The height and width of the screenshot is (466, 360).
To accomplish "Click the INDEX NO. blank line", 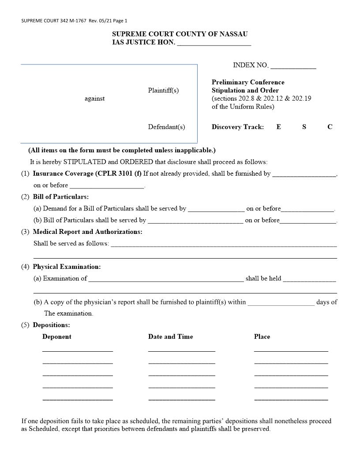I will pyautogui.click(x=293, y=68).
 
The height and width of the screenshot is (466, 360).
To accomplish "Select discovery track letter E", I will pyautogui.click(x=279, y=127).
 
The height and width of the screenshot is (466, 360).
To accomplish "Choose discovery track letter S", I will pyautogui.click(x=304, y=127).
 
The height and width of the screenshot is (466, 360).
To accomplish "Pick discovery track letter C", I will pyautogui.click(x=330, y=127).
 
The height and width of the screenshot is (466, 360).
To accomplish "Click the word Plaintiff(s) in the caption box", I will pyautogui.click(x=163, y=90).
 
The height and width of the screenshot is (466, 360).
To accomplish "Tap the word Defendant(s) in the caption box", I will pyautogui.click(x=166, y=127).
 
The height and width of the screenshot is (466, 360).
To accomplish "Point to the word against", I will pyautogui.click(x=94, y=98).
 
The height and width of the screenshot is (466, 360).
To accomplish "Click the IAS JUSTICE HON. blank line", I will pyautogui.click(x=214, y=45).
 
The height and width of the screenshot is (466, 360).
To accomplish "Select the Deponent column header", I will pyautogui.click(x=57, y=337).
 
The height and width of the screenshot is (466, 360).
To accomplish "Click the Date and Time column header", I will pyautogui.click(x=170, y=337).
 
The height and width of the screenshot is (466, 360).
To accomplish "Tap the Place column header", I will pyautogui.click(x=262, y=337).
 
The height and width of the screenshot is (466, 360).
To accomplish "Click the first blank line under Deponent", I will pyautogui.click(x=78, y=350).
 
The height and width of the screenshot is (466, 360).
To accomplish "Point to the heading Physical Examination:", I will pyautogui.click(x=67, y=267).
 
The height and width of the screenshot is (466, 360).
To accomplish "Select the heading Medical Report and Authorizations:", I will pyautogui.click(x=87, y=232).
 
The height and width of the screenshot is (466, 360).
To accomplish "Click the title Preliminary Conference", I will pyautogui.click(x=248, y=82).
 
